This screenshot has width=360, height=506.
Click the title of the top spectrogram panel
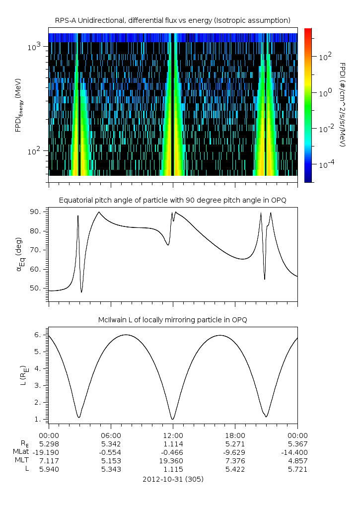(x=172, y=20)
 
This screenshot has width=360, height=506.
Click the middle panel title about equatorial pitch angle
(x=172, y=200)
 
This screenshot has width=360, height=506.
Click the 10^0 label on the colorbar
(x=324, y=93)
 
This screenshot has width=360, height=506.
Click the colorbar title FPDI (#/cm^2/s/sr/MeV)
(x=343, y=105)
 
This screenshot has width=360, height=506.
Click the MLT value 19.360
(x=173, y=461)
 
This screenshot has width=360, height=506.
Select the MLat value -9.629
(x=235, y=452)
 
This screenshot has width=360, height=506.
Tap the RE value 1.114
(x=173, y=443)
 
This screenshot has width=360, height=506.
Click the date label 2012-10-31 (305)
(x=172, y=479)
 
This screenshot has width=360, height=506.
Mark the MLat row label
(x=22, y=452)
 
